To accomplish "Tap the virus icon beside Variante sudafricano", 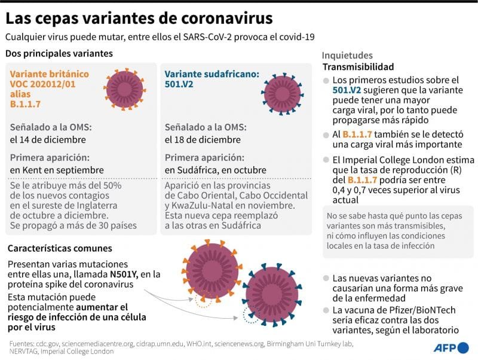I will tap(283, 92).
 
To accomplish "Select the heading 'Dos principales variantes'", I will tap(59, 54).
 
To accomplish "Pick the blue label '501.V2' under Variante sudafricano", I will tap(179, 85).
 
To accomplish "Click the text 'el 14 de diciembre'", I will tap(48, 140).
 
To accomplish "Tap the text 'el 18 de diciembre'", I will tap(203, 140).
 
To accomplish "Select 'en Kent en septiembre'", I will tap(57, 170).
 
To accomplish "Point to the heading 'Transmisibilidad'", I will tap(358, 67).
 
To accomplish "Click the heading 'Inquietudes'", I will tap(347, 56).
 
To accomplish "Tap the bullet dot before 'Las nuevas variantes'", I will tap(325, 279).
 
